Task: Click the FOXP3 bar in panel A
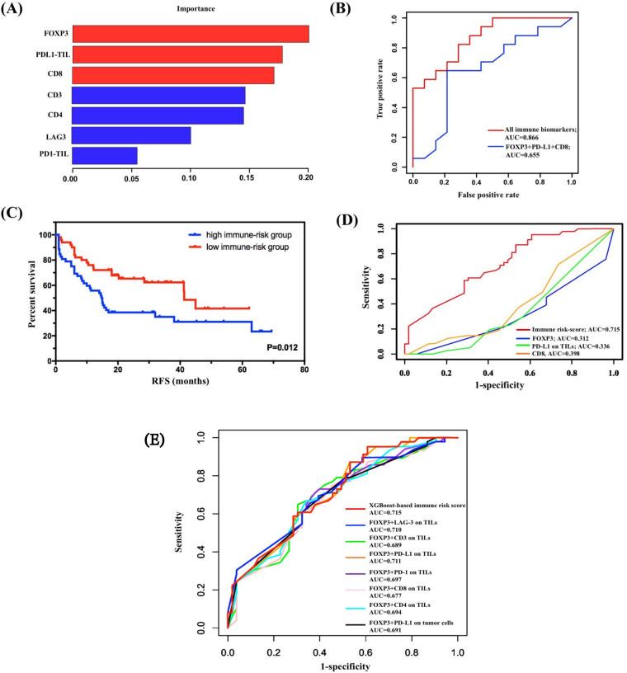pyautogui.click(x=190, y=34)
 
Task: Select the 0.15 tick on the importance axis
pyautogui.click(x=249, y=176)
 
